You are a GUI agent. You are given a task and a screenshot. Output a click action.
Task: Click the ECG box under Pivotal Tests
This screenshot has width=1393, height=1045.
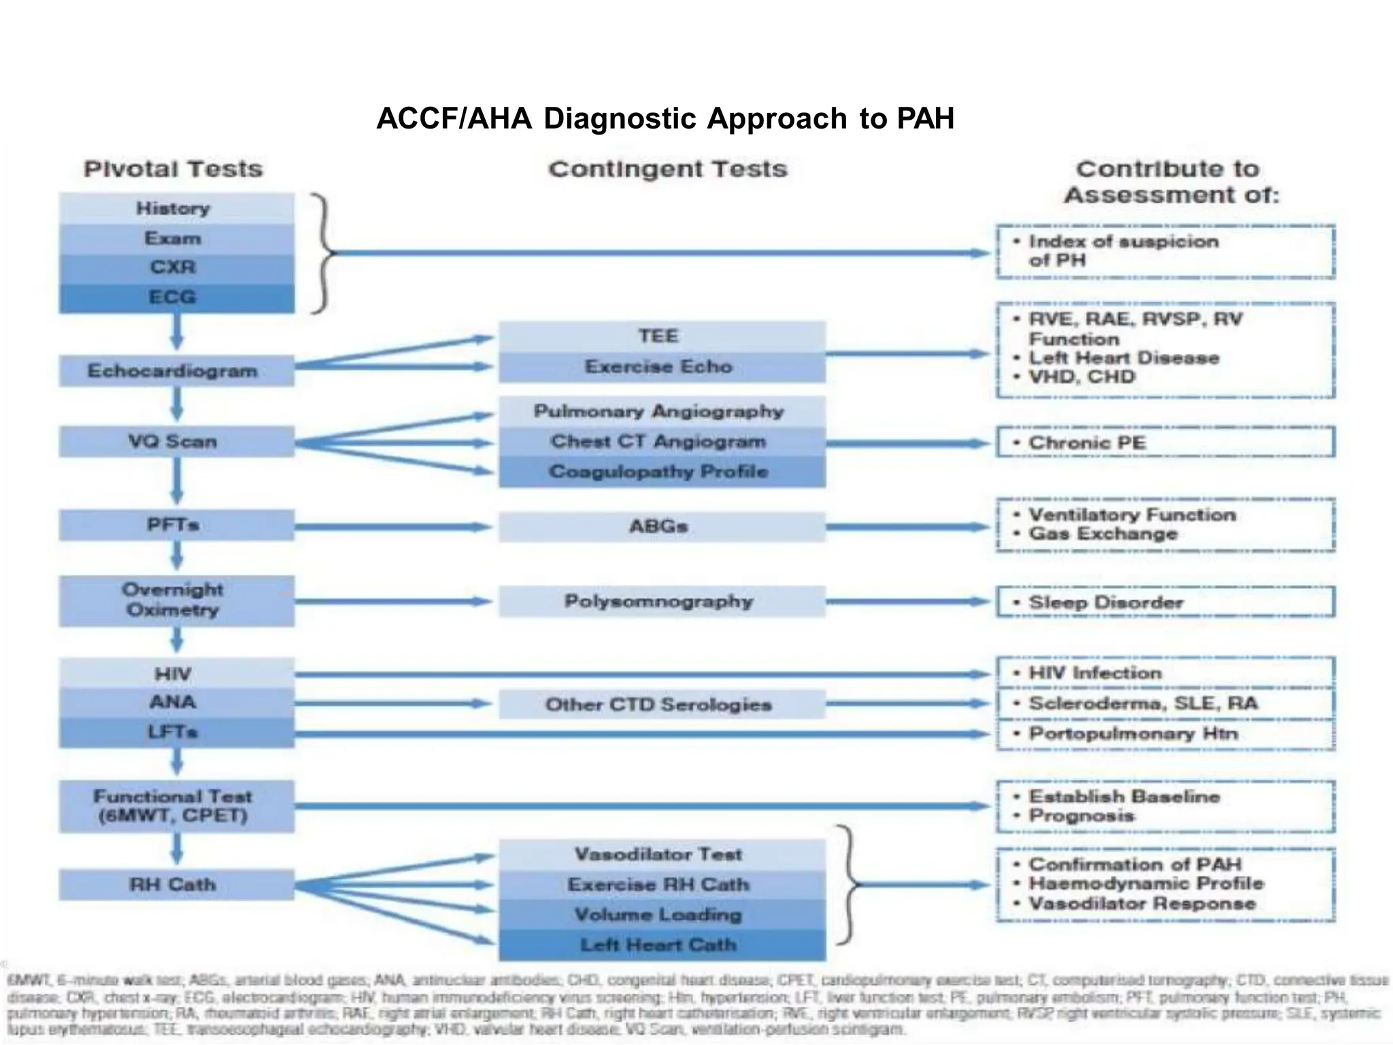click(176, 298)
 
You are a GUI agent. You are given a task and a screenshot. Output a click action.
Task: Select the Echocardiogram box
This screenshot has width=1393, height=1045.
click(176, 371)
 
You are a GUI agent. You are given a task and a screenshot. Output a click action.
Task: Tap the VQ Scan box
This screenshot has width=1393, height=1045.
click(176, 442)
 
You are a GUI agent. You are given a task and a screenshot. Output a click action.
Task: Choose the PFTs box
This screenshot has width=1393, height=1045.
click(176, 525)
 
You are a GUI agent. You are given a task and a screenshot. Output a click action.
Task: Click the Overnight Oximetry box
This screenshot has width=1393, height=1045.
click(176, 600)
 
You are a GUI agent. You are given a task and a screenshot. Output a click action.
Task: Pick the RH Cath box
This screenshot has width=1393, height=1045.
click(176, 885)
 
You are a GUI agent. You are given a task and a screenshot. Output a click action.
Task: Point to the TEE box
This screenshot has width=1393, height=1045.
click(661, 337)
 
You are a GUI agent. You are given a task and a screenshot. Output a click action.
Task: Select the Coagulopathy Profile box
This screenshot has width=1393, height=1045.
click(661, 472)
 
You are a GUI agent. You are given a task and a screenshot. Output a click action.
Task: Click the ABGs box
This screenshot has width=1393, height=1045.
click(661, 527)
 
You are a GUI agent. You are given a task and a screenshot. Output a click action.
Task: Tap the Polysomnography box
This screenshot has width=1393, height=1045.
click(661, 601)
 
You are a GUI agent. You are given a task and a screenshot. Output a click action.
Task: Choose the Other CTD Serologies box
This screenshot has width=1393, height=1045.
click(661, 705)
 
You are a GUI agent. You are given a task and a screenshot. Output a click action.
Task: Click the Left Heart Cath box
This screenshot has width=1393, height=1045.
click(661, 945)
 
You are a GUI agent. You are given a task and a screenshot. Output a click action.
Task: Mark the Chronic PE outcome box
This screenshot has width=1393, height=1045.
click(1165, 443)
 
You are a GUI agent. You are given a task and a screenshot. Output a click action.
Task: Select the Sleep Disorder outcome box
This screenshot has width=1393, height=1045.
click(1165, 602)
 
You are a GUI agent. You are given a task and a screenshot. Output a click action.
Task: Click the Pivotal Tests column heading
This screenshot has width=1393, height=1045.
click(173, 169)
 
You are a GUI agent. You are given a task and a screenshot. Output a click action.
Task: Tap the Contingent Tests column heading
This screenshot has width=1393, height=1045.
click(668, 169)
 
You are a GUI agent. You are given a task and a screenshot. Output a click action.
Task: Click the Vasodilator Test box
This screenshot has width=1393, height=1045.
click(661, 855)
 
